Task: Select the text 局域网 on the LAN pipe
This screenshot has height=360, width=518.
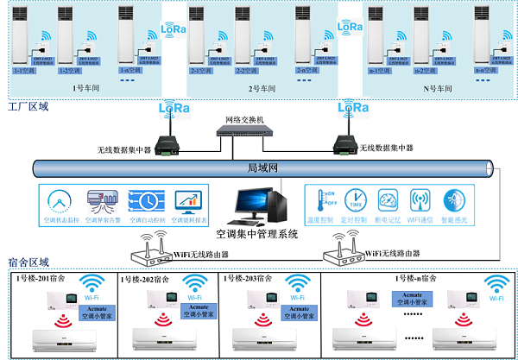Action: coord(260,167)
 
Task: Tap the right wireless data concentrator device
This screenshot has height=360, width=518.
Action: coord(344,142)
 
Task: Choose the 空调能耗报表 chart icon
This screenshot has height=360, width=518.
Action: coord(187,200)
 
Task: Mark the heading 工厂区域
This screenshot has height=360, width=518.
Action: coord(28,108)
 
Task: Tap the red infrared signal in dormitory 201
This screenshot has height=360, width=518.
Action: coord(61,320)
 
